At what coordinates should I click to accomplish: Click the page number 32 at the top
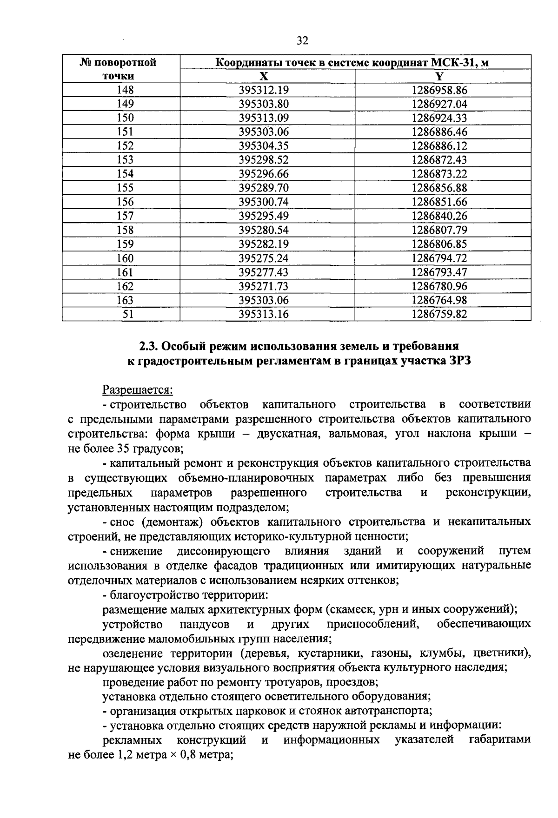click(x=302, y=41)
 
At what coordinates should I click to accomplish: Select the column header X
click(x=264, y=76)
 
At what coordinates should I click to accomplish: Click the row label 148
click(x=125, y=90)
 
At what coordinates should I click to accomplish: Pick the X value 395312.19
click(x=264, y=90)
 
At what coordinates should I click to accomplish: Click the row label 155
click(x=125, y=188)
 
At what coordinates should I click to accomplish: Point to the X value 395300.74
click(x=264, y=202)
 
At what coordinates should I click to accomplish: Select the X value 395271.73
click(x=264, y=286)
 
